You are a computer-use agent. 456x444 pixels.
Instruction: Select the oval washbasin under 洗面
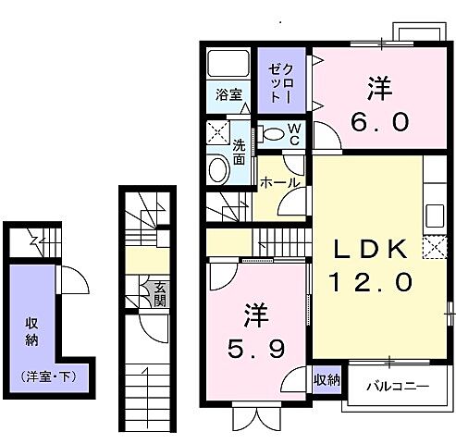[218, 169]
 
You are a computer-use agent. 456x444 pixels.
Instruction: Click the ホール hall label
[279, 182]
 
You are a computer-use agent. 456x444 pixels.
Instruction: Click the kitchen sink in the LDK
[434, 217]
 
